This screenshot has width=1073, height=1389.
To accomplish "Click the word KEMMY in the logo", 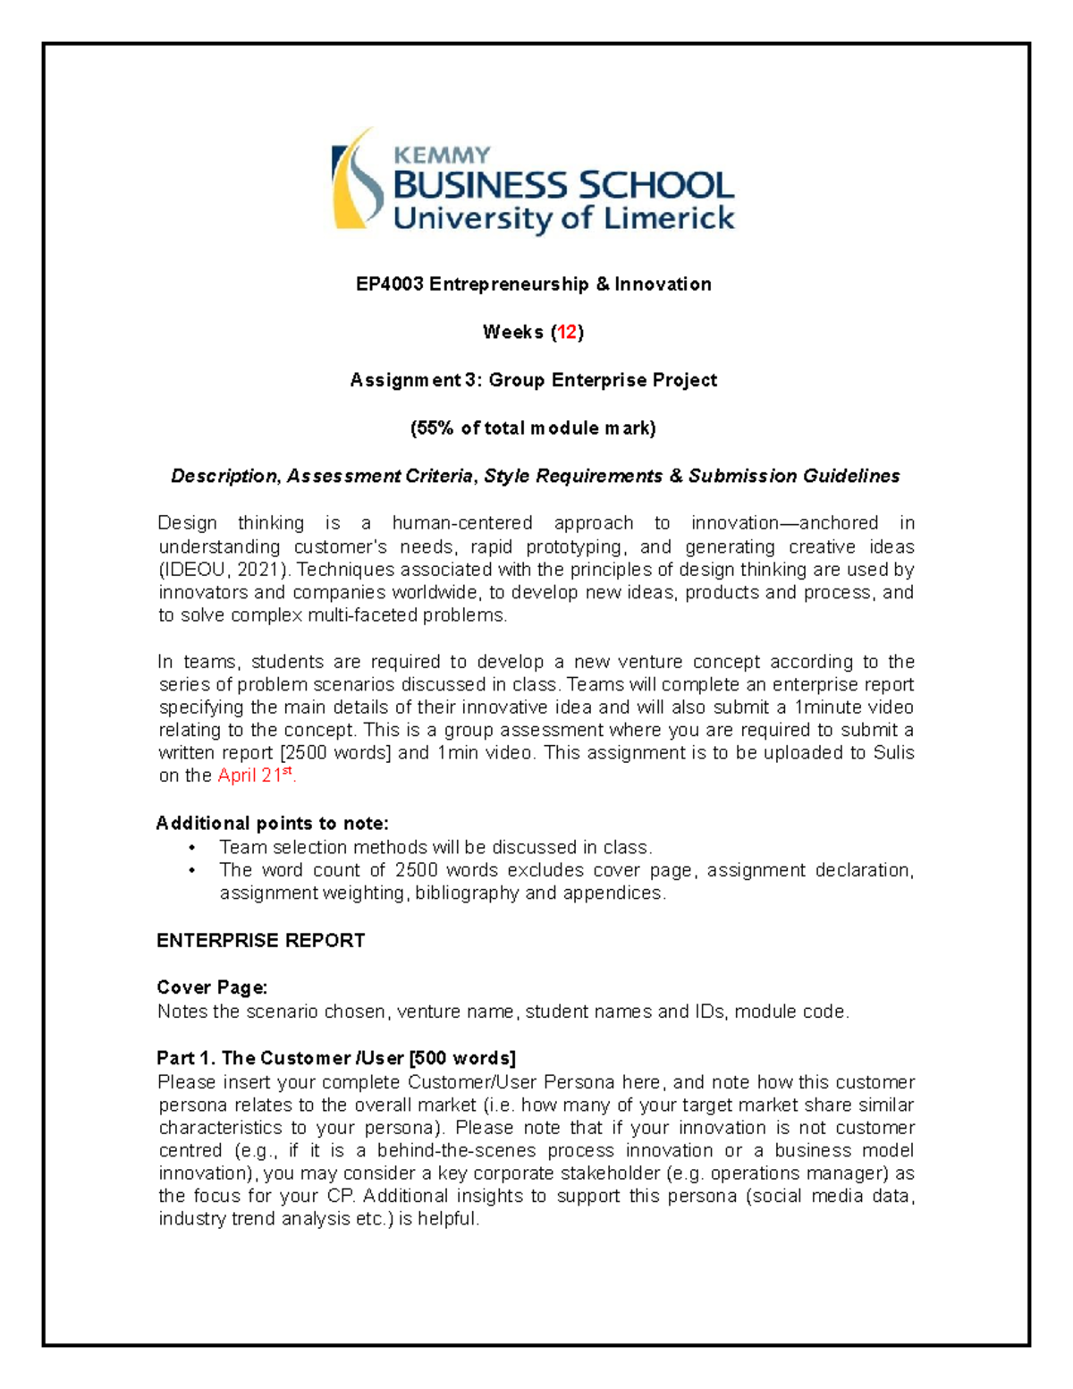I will point(442,155).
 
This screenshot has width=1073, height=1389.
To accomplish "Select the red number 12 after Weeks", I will point(567,333).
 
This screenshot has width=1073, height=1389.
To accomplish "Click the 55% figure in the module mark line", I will point(435,428).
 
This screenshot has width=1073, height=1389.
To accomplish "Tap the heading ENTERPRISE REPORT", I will point(260,941).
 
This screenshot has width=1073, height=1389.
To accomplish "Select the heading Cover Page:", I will point(212,987).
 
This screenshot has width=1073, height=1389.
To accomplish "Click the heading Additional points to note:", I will point(272,823).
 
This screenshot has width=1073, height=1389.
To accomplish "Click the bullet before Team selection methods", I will point(191,847).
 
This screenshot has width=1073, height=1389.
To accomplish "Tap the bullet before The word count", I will point(191,870).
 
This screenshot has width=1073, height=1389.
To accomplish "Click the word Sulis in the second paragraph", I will point(893,753).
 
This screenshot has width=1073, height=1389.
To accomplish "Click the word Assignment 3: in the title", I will point(404,381).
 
